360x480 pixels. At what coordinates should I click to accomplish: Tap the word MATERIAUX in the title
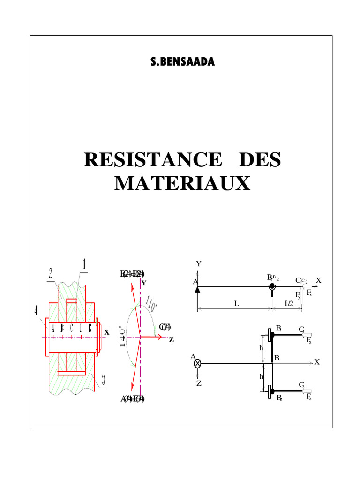[182, 183]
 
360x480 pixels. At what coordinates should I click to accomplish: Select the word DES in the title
[259, 160]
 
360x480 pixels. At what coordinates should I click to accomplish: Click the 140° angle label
[123, 336]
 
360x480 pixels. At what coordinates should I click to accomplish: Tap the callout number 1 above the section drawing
[84, 265]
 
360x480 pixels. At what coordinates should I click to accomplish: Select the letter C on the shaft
[72, 328]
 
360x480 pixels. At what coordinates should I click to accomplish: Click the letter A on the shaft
[53, 328]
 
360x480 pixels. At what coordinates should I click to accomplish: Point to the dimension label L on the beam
[237, 303]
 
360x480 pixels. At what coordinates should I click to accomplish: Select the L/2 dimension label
[290, 303]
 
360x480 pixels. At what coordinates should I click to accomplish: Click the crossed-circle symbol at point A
[198, 363]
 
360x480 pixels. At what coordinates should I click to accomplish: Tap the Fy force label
[298, 295]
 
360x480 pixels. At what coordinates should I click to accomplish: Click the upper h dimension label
[261, 348]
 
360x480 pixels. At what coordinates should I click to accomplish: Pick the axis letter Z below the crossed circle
[199, 383]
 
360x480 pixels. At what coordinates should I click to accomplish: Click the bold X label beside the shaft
[106, 332]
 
